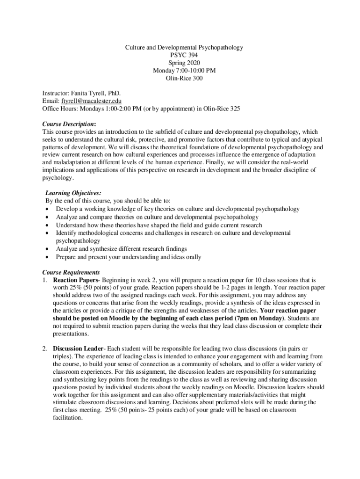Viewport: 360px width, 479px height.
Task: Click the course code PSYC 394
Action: [184, 55]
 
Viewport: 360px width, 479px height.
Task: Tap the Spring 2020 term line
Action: [184, 63]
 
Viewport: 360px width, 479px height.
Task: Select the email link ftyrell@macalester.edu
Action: [92, 101]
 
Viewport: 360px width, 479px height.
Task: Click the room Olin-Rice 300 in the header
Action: [184, 78]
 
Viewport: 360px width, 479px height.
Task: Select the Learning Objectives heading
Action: [73, 193]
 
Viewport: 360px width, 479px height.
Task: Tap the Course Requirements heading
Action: [71, 272]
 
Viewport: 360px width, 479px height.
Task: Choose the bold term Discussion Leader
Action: [78, 349]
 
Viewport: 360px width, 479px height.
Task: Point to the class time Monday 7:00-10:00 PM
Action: [184, 71]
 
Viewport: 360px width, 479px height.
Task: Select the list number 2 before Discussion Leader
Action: [44, 349]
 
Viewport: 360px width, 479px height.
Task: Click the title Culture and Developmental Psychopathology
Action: [184, 48]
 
